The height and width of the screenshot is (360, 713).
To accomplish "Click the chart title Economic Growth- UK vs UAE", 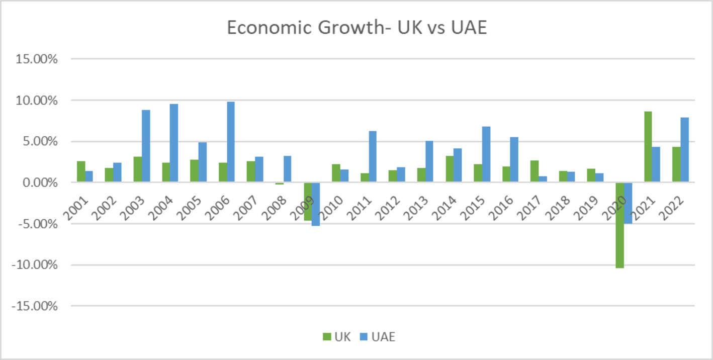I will pos(356,28).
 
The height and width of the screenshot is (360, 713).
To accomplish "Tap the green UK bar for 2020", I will pos(619,225).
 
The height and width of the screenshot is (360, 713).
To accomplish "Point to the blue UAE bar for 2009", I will pos(316,204).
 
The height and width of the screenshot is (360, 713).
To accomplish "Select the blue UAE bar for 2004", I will pos(173,143).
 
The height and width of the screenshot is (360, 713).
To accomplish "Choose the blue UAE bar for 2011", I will pos(372,156).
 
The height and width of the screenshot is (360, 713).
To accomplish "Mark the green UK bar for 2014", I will pos(450,169).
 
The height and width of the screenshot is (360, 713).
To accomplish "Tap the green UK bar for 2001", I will pos(81,171).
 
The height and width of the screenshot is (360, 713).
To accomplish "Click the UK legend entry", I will pos(336,337).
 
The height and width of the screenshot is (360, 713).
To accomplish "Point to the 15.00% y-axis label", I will pos(37,59).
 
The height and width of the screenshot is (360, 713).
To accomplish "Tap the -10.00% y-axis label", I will pos(35,265).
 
